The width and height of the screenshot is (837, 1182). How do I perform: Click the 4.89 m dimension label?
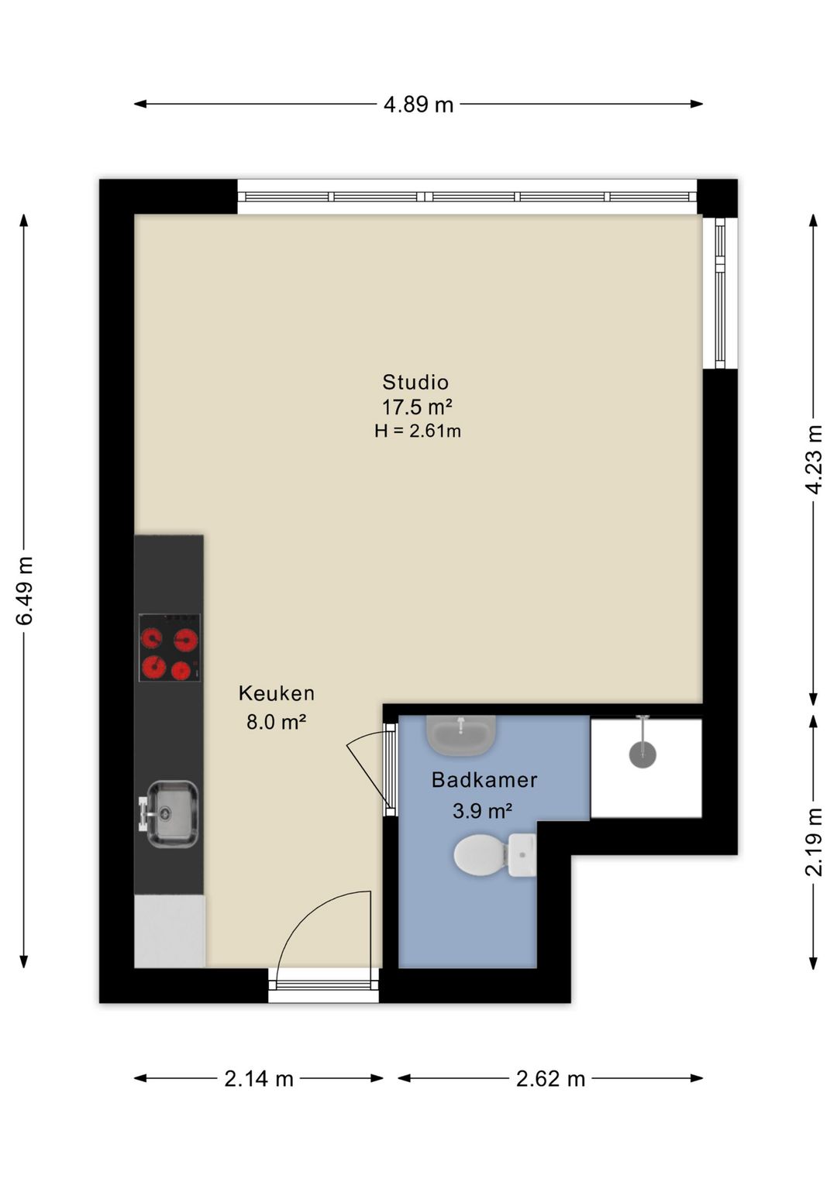click(418, 105)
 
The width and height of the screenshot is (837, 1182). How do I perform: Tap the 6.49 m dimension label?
click(25, 590)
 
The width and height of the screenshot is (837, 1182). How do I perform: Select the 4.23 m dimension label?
click(814, 459)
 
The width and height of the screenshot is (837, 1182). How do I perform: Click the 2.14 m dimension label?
click(259, 1078)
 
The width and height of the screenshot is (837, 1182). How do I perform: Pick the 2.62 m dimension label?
click(551, 1078)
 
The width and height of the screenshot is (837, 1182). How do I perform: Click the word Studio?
click(415, 382)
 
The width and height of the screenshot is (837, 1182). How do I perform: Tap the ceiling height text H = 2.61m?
click(417, 431)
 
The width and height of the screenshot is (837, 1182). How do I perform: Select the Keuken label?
click(276, 692)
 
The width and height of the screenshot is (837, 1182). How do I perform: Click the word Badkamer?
click(484, 779)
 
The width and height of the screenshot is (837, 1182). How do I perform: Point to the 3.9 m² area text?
click(482, 810)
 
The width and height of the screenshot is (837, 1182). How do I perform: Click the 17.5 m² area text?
click(417, 407)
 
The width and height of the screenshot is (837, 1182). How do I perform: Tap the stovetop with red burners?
click(170, 648)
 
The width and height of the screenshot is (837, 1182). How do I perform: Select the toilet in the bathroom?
click(494, 855)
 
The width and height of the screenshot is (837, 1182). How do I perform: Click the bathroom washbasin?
click(461, 734)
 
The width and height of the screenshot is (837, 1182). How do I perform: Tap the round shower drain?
click(642, 754)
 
